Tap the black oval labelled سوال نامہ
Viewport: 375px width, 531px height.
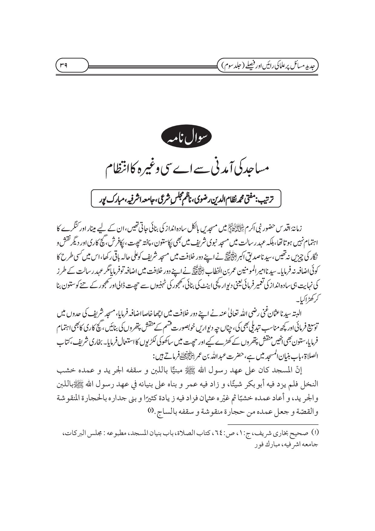[187, 139]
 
